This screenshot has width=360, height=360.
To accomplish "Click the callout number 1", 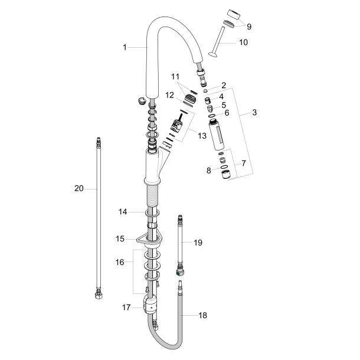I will (x=125, y=47).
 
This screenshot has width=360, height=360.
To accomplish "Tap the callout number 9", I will (x=249, y=26).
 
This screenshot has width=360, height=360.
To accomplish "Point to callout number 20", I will (x=78, y=188).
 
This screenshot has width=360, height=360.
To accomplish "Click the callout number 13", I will (x=202, y=136).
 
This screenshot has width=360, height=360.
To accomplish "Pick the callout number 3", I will (x=255, y=112).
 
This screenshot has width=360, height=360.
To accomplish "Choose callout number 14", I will (x=123, y=211).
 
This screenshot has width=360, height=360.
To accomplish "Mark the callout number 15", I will (x=120, y=239).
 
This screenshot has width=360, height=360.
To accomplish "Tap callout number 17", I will (x=125, y=307).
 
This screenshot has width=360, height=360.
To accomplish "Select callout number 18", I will (x=203, y=316).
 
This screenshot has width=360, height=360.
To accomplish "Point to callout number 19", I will (x=198, y=243).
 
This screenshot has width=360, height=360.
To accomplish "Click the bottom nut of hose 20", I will (x=98, y=296).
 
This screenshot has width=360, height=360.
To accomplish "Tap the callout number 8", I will (x=208, y=171).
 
